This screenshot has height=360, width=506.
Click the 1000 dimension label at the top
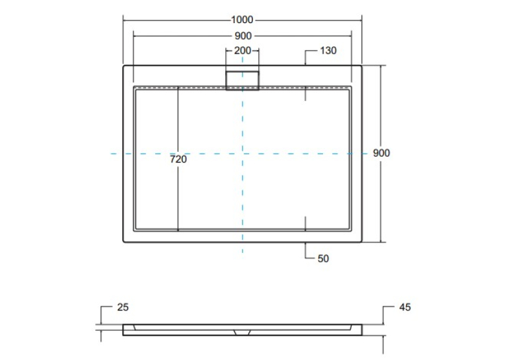click(x=242, y=20)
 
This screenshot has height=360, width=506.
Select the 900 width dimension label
click(x=243, y=36)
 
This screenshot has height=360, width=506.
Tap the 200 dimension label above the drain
click(x=242, y=51)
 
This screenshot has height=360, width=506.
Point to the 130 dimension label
click(x=328, y=51)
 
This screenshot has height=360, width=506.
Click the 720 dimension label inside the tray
click(x=178, y=159)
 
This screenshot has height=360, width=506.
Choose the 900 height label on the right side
click(x=381, y=153)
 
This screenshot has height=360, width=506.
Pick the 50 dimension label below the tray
click(x=323, y=259)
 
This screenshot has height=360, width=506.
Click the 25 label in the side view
click(x=123, y=307)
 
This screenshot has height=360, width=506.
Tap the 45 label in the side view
click(x=406, y=307)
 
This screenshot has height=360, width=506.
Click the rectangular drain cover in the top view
click(x=242, y=81)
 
